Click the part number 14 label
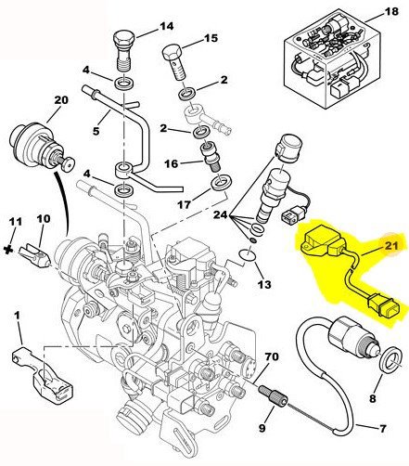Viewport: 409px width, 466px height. click(167, 26)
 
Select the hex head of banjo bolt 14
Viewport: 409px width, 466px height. click(123, 39)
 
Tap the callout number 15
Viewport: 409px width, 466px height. click(211, 38)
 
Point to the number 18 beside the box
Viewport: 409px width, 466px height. click(391, 12)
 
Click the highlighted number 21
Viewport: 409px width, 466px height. click(391, 245)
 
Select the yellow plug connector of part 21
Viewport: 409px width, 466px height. click(383, 307)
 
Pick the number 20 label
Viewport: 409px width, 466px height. click(61, 100)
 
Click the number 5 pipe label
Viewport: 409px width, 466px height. click(96, 131)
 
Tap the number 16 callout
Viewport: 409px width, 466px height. click(172, 163)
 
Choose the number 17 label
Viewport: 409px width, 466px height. click(185, 204)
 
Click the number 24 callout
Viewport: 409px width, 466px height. click(221, 214)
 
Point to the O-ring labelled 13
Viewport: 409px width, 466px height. click(247, 255)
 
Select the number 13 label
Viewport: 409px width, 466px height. click(263, 284)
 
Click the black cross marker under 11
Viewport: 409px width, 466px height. click(9, 249)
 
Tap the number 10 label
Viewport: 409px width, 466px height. click(44, 219)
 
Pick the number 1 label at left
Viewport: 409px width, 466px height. click(17, 316)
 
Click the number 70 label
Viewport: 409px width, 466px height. click(271, 356)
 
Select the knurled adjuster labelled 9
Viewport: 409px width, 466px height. click(274, 394)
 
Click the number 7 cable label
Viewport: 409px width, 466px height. click(382, 429)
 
